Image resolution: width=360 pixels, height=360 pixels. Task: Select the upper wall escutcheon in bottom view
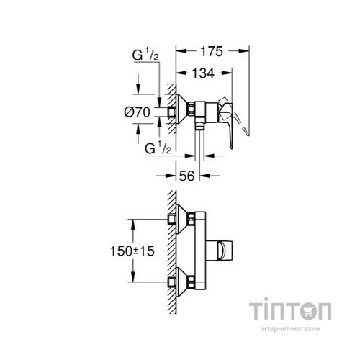click(x=184, y=218)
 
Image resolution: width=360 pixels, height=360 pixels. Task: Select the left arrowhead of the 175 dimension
click(x=179, y=52)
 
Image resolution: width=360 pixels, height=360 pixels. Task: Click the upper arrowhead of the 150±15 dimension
click(x=133, y=219)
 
